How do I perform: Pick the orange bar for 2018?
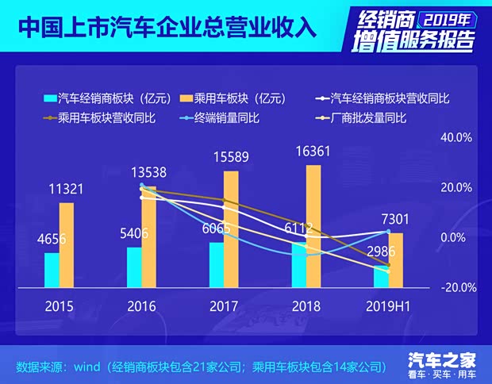[x=313, y=225]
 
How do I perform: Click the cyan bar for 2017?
[x=216, y=264]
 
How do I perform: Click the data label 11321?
[x=67, y=189]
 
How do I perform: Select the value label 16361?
[x=313, y=151]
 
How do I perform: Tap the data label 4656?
[x=52, y=239]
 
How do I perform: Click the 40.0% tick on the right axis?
[x=456, y=137]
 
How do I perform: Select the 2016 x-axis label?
[x=141, y=305]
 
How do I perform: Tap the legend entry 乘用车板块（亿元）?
[x=240, y=98]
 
